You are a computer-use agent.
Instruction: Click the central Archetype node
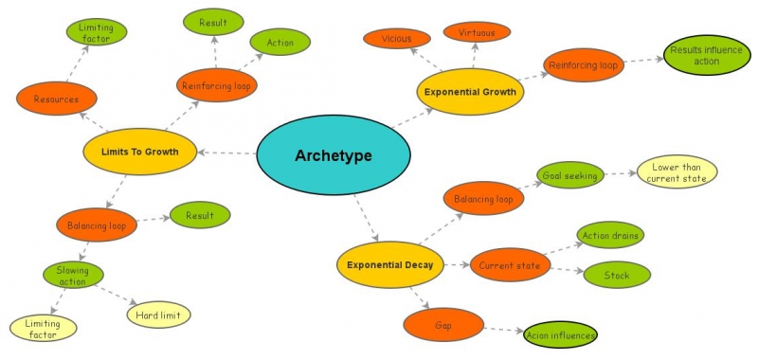point(333,155)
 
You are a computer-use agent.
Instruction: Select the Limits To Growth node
point(139,151)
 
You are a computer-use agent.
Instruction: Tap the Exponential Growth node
point(471,92)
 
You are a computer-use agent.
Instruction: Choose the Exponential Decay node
point(390,265)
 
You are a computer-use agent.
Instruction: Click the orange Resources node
point(57,99)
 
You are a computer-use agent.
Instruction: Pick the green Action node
point(280,43)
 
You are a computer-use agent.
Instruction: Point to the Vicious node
point(397,39)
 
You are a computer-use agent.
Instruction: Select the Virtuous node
point(477,31)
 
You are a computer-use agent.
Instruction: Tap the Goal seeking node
point(568,175)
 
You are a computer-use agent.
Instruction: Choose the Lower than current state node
point(677,173)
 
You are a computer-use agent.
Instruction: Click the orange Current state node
point(510,265)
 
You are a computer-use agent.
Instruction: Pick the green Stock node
point(617,276)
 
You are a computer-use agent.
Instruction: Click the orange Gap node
point(443,325)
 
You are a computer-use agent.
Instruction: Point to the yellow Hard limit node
point(158,314)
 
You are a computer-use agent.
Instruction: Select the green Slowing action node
point(73,275)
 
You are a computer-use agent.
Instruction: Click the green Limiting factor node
point(96,32)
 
